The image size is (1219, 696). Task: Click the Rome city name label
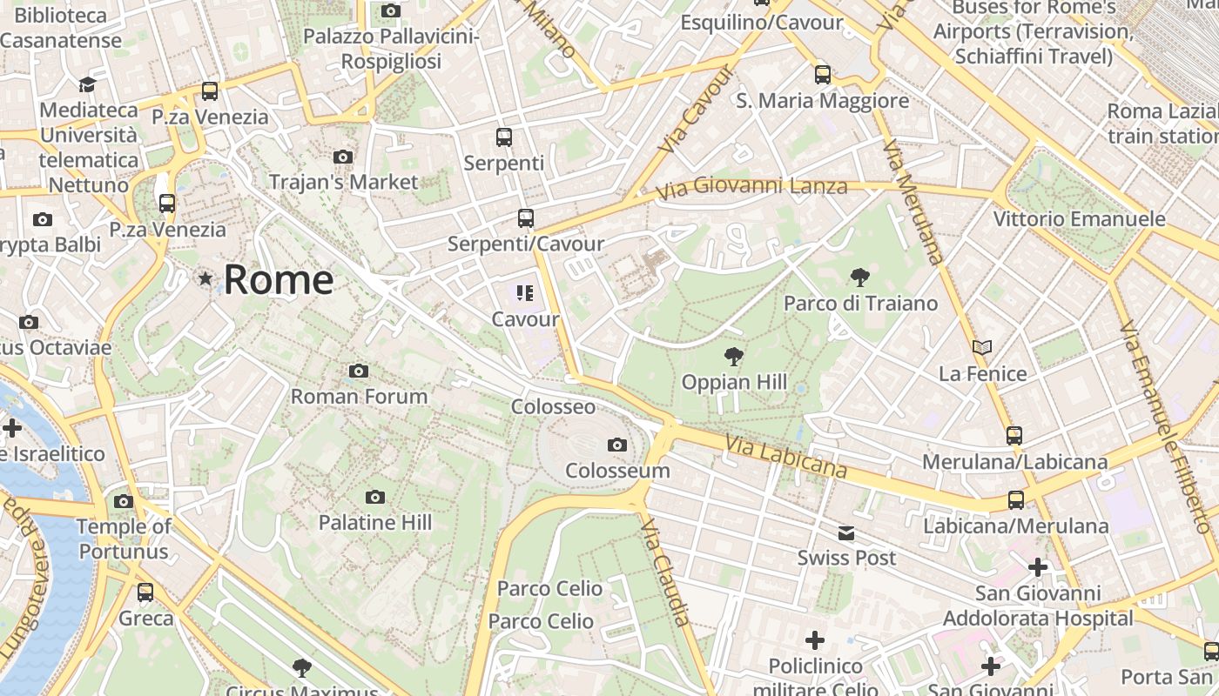coord(279,280)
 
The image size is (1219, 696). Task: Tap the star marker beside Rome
coord(205,279)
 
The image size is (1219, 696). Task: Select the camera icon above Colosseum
coord(617,445)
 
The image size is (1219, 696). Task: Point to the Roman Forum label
coord(359,397)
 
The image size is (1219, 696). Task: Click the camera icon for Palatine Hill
coord(375,498)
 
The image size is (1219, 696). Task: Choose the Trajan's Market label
coord(343,182)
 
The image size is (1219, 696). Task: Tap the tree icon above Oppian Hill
coord(734,356)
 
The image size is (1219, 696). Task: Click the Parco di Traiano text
coord(860,303)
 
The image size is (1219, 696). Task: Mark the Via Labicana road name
coord(785,457)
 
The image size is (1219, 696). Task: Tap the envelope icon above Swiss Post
coord(846,533)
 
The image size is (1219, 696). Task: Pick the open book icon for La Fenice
coord(982,348)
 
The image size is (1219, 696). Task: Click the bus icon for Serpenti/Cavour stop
coord(526,218)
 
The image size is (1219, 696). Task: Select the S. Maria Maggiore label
coord(822,101)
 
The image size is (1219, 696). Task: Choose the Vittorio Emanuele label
coord(1079,218)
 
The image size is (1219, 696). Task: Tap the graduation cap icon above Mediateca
coord(87,84)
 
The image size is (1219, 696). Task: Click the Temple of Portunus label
coord(124,539)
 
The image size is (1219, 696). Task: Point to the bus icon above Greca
coord(145,592)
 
